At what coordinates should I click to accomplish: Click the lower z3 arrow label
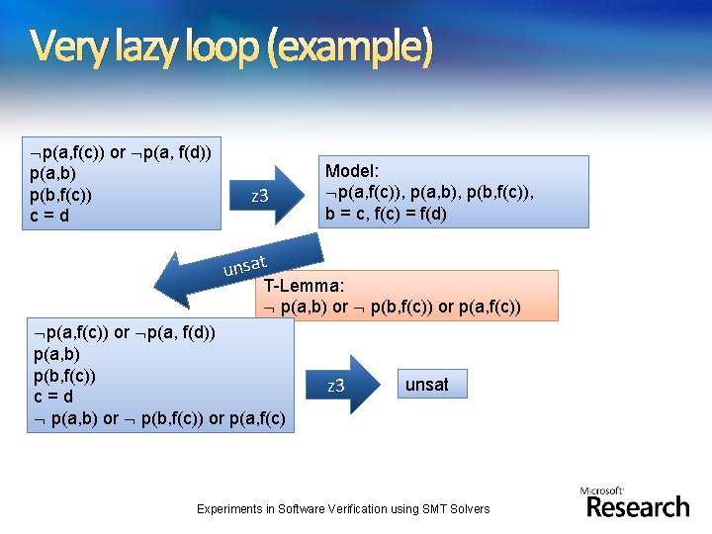(x=336, y=386)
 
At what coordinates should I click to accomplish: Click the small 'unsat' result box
(x=426, y=385)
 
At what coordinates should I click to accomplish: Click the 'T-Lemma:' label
(x=305, y=285)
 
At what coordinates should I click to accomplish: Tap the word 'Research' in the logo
(x=638, y=507)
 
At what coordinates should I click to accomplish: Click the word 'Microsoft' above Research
(x=602, y=490)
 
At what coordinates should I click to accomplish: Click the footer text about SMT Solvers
(x=342, y=508)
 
